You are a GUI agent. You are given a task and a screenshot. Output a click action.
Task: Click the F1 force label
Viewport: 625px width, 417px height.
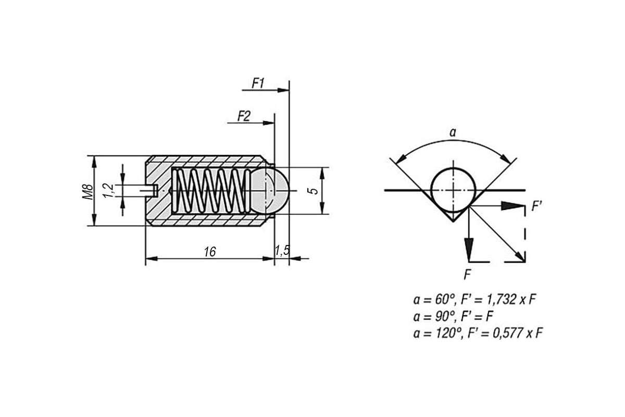point(258,83)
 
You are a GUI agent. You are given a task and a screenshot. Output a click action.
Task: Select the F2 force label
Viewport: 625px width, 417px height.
point(244,116)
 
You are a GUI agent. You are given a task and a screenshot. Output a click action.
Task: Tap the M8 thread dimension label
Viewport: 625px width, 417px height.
point(87,191)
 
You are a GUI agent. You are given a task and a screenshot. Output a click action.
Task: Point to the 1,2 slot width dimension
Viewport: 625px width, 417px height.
point(108,191)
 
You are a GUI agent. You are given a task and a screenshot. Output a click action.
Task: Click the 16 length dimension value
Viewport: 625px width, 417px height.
point(209,252)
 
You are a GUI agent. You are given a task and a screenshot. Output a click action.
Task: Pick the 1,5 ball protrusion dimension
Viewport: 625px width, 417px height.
point(282,251)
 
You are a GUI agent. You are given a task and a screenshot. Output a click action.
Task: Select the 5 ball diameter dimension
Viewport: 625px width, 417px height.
point(314,191)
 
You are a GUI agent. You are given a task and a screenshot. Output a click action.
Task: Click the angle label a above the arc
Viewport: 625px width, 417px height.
point(453,133)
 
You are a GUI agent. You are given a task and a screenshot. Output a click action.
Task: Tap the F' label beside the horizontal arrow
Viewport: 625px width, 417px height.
point(536,206)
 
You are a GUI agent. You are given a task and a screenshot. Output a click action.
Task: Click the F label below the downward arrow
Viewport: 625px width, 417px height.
point(467,275)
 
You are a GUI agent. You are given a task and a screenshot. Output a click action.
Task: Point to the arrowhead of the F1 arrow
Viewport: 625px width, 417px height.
point(283,90)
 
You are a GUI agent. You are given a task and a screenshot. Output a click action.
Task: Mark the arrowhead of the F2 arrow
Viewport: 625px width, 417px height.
point(269,123)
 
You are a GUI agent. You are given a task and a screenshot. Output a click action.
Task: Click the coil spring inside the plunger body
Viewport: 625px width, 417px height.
point(210,191)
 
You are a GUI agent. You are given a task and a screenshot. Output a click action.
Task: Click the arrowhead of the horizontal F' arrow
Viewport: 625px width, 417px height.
point(512,206)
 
